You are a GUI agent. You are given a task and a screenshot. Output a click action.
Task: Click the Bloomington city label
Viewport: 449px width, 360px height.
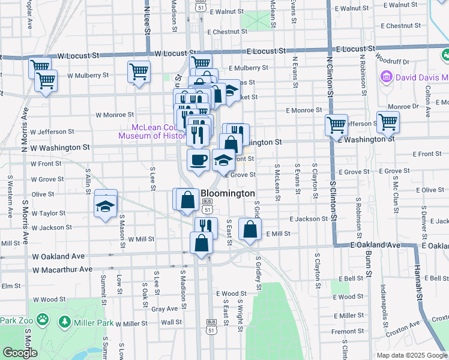228,194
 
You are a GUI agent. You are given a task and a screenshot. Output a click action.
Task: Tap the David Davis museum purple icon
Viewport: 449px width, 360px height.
385,77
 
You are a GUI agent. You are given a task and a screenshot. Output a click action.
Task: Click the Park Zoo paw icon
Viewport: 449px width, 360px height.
42,320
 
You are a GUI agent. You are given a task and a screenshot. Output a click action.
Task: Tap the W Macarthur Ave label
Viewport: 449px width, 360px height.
63,269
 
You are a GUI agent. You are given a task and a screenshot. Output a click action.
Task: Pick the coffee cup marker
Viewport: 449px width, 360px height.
198,160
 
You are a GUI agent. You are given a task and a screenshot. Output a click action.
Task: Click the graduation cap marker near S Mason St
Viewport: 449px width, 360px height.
106,206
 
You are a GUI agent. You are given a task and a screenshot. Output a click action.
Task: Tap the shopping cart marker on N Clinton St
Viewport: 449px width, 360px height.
336,125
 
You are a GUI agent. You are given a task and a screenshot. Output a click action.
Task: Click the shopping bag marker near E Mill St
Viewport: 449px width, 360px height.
250,229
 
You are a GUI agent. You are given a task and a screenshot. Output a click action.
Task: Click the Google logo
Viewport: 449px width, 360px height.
19,353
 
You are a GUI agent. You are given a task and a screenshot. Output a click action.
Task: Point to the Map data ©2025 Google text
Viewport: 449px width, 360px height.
412,355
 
